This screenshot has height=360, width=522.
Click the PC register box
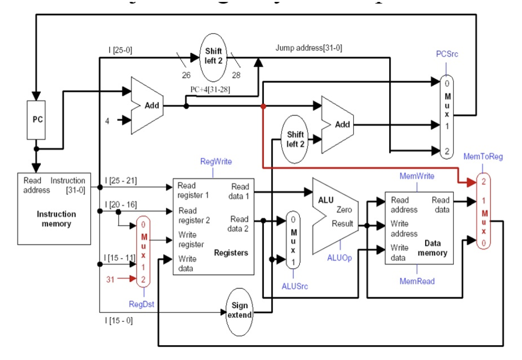coord(37,120)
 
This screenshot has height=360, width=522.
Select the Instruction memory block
coord(54,209)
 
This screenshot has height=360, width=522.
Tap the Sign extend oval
coord(240,310)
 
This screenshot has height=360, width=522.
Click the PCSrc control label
coord(447,54)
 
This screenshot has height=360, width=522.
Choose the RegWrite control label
coord(216,162)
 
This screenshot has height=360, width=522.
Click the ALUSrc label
coord(295,286)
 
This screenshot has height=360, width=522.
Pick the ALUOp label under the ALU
coord(339,258)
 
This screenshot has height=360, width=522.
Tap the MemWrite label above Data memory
coord(416,176)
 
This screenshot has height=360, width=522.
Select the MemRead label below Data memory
coord(417,281)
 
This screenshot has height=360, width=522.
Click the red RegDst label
coord(141,303)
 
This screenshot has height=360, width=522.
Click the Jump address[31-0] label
coord(308,48)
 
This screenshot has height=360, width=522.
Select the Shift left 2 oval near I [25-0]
coord(214,57)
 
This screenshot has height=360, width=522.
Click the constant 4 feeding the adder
coord(107,121)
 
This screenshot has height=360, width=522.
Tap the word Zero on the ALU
coord(344,210)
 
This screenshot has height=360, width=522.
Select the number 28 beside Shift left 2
coord(236,75)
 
